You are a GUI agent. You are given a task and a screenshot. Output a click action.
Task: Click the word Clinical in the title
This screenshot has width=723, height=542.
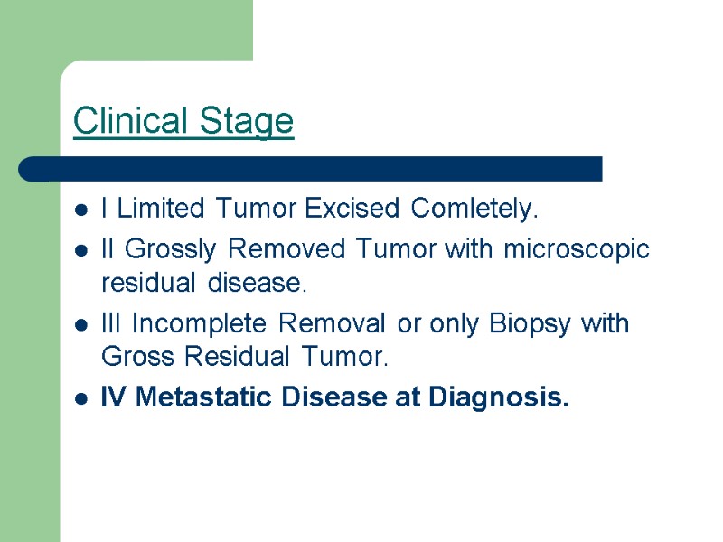pyautogui.click(x=127, y=120)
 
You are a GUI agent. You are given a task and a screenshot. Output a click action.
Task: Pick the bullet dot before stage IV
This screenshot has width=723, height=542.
pyautogui.click(x=82, y=398)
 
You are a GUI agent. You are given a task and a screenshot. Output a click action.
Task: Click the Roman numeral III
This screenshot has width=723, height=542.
pyautogui.click(x=113, y=323)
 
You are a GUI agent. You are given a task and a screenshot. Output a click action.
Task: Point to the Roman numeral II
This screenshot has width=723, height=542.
pyautogui.click(x=109, y=248)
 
